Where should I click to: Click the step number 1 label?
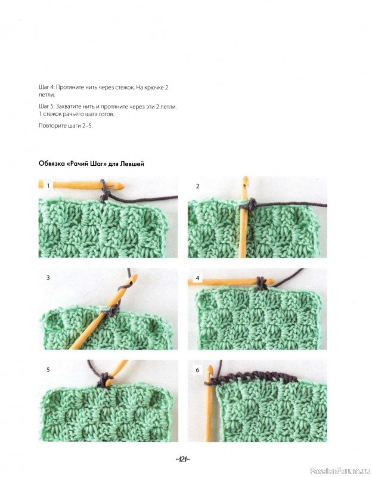(48, 185)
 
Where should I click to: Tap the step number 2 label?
(198, 186)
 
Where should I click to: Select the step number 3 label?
(48, 277)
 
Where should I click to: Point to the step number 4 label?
(198, 278)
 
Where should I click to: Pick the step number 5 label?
(48, 370)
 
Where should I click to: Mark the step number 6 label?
(198, 370)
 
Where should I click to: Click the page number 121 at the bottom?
(183, 459)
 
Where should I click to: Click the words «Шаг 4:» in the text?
(47, 88)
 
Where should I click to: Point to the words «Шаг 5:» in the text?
(47, 107)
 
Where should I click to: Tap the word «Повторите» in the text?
(50, 126)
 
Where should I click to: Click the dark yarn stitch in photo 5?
(104, 380)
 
